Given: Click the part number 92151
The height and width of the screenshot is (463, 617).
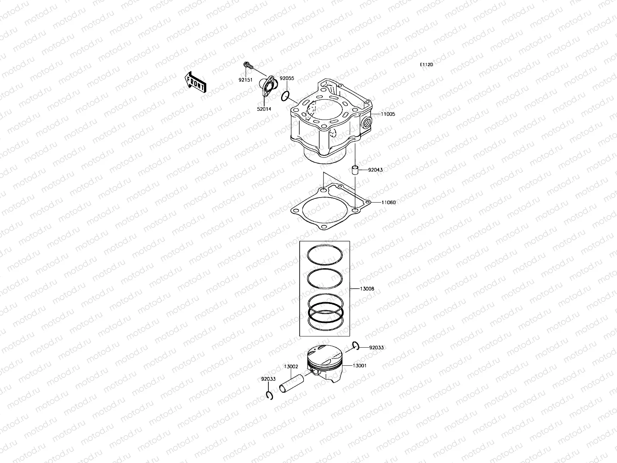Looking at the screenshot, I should click(x=246, y=79).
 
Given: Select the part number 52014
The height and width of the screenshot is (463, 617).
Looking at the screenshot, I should click(x=264, y=109).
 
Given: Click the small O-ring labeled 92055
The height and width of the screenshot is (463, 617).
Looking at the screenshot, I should click(x=285, y=96).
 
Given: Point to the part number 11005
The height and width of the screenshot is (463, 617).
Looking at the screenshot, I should click(x=388, y=114).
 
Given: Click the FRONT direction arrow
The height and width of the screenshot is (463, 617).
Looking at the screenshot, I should click(x=195, y=81).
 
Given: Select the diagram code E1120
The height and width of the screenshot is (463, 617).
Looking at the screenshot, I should click(x=426, y=64).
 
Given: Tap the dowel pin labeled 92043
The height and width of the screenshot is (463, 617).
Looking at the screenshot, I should click(x=355, y=170).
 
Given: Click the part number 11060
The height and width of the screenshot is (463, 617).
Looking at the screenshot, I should click(x=388, y=202).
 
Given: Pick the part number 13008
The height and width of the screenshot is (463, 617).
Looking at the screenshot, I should click(x=367, y=289).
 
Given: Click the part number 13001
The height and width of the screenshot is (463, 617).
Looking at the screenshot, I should click(x=359, y=365).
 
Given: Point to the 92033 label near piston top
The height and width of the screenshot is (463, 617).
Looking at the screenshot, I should click(x=376, y=347).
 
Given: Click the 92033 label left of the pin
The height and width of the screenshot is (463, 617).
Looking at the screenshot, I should click(x=268, y=379).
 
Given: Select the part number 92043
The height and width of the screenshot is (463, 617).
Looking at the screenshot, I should click(x=375, y=170).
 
